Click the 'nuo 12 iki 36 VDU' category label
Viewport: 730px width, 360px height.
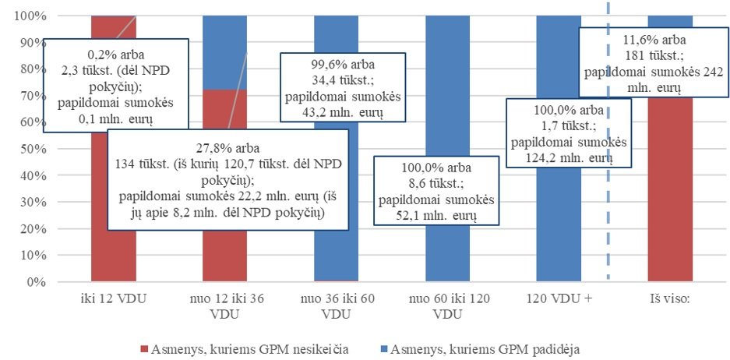point(224,306)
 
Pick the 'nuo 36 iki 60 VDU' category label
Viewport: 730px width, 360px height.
point(336,306)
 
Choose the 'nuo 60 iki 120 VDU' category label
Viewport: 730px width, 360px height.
point(447,306)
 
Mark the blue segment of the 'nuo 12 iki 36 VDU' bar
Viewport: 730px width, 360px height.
point(224,51)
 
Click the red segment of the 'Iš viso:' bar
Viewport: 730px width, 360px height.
point(670,195)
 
